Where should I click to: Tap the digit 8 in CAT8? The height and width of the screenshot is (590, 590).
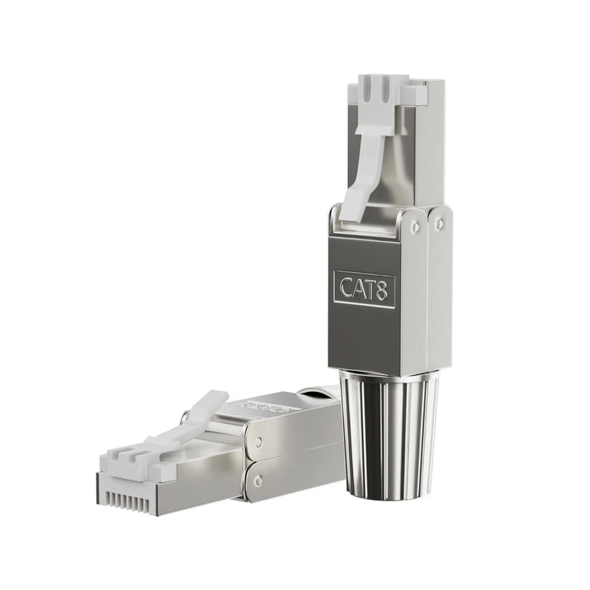coord(384,288)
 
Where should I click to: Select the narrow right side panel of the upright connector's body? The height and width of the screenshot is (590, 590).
coord(439,287)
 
